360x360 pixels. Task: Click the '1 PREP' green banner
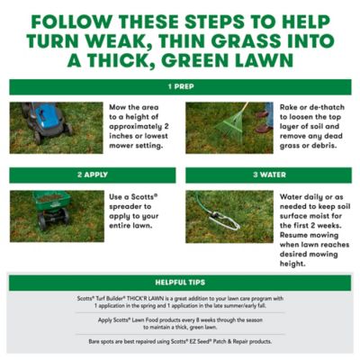point(179,87)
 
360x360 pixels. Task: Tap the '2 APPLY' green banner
point(92,175)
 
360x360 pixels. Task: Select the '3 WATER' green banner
point(267,175)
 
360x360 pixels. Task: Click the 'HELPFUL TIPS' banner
point(179,283)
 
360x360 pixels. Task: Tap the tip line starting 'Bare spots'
point(179,341)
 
